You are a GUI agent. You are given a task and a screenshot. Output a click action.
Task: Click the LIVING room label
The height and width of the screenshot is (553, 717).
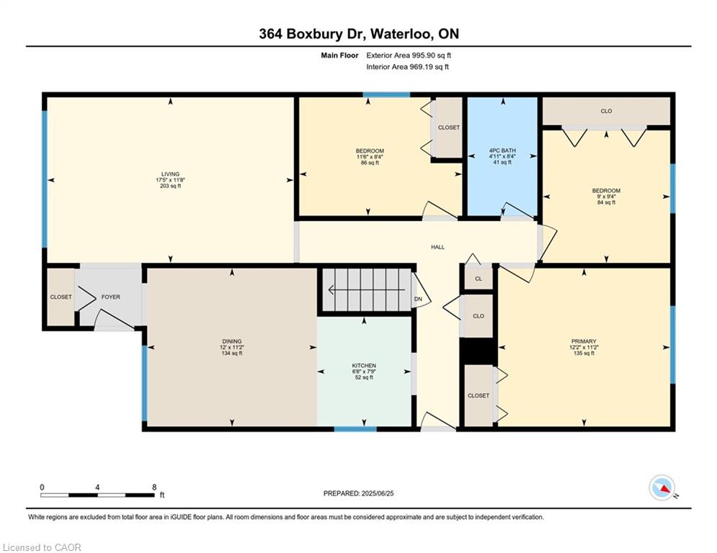pos(170,174)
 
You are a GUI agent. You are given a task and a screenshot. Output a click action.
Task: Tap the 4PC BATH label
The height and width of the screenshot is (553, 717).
pos(502,150)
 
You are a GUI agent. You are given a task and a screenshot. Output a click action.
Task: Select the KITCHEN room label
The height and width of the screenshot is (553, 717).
pos(364,366)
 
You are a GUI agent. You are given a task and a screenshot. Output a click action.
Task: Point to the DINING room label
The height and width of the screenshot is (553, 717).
pos(232,341)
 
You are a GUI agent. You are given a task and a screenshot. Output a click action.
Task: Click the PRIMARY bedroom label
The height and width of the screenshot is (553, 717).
pos(584,341)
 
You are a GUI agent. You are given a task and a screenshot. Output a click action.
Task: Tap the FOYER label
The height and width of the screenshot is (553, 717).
pos(111,297)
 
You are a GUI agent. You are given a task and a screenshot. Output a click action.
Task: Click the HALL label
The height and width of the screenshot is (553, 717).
pos(437,247)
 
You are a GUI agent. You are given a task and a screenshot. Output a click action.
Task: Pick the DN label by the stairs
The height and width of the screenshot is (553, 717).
pos(418,300)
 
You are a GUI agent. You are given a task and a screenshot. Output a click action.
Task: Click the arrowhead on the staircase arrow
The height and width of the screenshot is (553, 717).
pos(331,289)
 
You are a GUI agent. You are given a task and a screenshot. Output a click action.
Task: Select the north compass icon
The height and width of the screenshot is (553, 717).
pos(662,488)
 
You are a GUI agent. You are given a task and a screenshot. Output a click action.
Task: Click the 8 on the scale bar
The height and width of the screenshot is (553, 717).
pos(154,487)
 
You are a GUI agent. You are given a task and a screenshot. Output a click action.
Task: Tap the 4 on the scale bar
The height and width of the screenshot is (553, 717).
pos(97,487)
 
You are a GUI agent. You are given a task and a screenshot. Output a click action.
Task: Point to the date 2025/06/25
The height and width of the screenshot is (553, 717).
pos(378,493)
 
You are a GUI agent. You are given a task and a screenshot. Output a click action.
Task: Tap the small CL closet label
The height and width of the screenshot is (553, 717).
pos(478,279)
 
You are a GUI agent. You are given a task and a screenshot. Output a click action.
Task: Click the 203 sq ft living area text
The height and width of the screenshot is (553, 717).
pos(170,186)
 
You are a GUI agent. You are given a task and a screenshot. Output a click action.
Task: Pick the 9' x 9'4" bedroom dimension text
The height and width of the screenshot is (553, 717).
pos(606,197)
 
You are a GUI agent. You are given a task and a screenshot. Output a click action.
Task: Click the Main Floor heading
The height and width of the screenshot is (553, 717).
pos(339,55)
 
